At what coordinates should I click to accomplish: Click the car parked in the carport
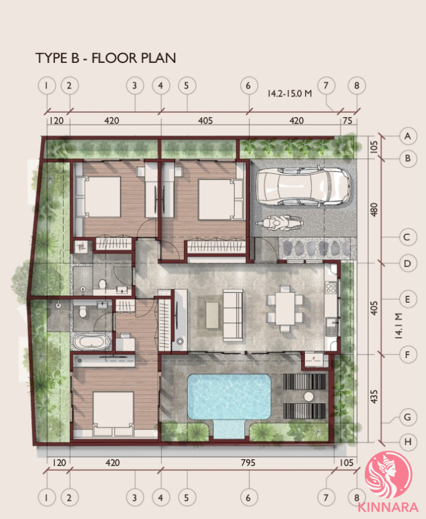coord(303,186)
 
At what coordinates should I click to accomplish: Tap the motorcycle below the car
coord(279,223)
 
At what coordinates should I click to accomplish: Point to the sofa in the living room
coord(233,315)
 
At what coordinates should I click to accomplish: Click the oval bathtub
coord(92,342)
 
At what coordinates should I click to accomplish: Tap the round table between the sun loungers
coord(309,396)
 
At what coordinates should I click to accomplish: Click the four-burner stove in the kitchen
coord(331,287)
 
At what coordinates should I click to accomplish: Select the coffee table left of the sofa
coord(212,315)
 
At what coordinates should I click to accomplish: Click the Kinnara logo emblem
coord(388,475)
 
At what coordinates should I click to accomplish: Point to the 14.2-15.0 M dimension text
coord(289,93)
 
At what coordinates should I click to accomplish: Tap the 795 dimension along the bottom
coord(248,462)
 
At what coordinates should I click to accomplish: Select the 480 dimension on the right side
coord(374,209)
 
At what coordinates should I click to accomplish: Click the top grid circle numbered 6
coord(249,86)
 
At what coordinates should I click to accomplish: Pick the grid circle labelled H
coord(408,442)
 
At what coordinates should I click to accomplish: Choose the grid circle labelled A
coord(408,136)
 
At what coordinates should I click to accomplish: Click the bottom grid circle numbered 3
coord(135,497)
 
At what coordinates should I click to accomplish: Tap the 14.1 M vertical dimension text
coord(398,326)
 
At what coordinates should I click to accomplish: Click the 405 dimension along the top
coord(205,120)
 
